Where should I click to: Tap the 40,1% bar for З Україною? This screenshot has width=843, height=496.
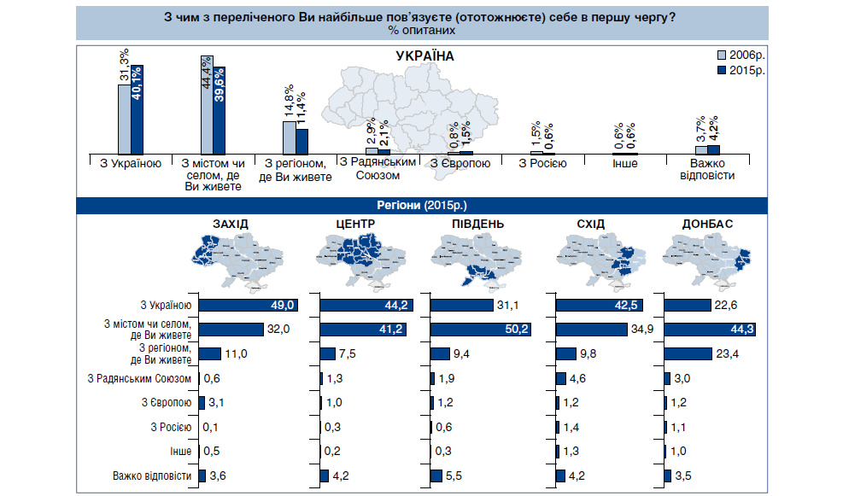pos(137,108)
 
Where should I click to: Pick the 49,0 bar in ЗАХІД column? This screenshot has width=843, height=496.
pos(249,305)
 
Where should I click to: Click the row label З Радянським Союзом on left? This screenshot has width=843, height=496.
pos(141,378)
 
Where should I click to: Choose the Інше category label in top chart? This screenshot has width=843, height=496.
pos(625,162)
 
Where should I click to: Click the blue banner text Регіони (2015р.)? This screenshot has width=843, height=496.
pos(421,205)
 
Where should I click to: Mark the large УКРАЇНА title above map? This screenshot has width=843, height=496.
pos(424,55)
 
